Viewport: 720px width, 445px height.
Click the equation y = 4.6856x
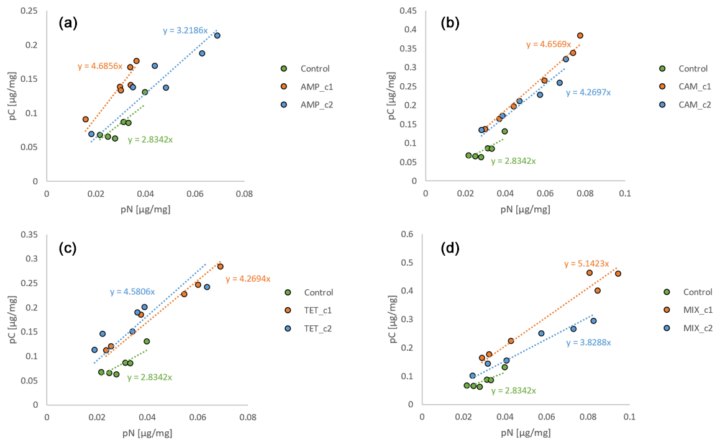tap(100, 66)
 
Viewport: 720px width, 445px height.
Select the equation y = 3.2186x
tap(185, 30)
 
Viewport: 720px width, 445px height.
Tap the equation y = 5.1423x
tap(586, 264)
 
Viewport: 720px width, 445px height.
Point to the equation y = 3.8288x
tap(588, 343)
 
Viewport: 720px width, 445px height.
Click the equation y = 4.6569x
tap(549, 45)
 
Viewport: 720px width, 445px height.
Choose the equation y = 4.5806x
tap(132, 291)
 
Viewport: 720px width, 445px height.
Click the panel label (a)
tap(68, 24)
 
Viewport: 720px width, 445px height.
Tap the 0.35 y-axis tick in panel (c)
tap(30, 235)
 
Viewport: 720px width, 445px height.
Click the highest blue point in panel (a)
tap(217, 35)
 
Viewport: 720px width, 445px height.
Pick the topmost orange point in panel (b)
tap(580, 35)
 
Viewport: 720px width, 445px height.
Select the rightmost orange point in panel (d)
tap(617, 274)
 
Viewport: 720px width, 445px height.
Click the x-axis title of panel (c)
tap(147, 433)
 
